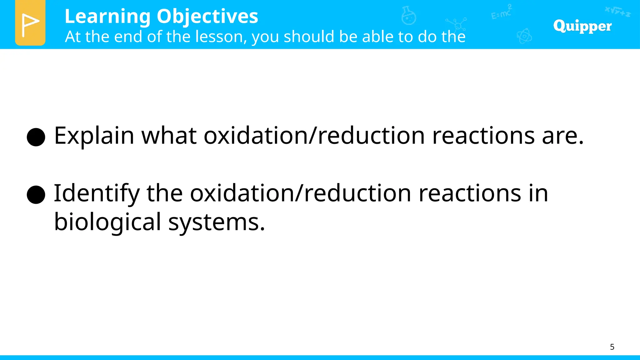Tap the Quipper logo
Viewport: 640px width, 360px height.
[582, 26]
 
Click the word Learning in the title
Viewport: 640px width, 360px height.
[107, 17]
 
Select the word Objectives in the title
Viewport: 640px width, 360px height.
[207, 17]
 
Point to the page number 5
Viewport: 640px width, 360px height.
[612, 347]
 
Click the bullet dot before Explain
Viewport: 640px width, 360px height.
[36, 137]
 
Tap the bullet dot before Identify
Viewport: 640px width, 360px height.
[36, 194]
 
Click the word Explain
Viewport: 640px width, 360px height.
[94, 136]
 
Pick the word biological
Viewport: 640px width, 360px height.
[107, 222]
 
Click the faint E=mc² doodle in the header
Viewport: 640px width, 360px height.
[501, 12]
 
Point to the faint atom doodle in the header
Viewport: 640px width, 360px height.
[524, 36]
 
